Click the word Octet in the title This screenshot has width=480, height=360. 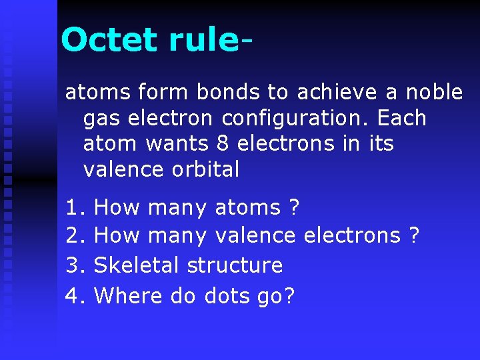(x=110, y=40)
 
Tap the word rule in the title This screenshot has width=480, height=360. (x=203, y=40)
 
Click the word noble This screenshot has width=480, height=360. (x=434, y=92)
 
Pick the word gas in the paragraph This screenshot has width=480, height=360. (x=101, y=119)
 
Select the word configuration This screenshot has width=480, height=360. (x=296, y=118)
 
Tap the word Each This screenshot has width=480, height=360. (x=401, y=118)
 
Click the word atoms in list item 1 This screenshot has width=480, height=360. (x=247, y=208)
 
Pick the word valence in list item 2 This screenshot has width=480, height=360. (x=257, y=236)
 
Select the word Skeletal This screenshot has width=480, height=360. (x=137, y=265)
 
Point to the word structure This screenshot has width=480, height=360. (x=235, y=265)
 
